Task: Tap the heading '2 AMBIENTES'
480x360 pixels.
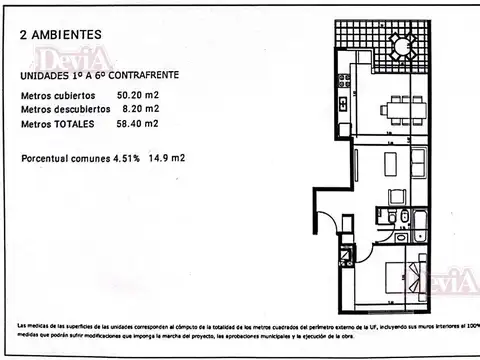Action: (x=59, y=33)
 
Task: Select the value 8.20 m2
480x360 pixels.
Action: (x=140, y=110)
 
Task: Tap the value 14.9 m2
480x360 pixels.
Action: (x=165, y=158)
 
